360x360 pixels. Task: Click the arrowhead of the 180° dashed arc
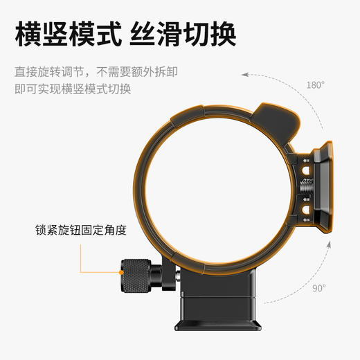click(x=244, y=75)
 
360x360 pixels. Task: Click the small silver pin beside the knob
click(x=179, y=275)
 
